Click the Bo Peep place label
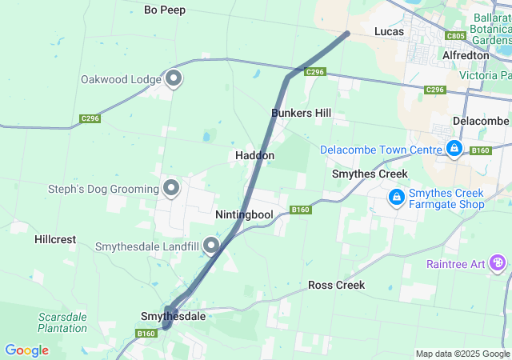pyautogui.click(x=165, y=10)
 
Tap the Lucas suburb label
pyautogui.click(x=389, y=31)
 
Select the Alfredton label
pyautogui.click(x=466, y=55)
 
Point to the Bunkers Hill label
pyautogui.click(x=301, y=113)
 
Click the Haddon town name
pyautogui.click(x=255, y=155)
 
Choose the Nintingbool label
pyautogui.click(x=244, y=215)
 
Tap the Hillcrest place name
pyautogui.click(x=55, y=239)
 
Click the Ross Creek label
pyautogui.click(x=336, y=285)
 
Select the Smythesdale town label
pyautogui.click(x=173, y=317)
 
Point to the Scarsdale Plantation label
pyautogui.click(x=62, y=322)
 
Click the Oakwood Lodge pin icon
pyautogui.click(x=174, y=78)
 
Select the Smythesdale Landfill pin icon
pyautogui.click(x=211, y=245)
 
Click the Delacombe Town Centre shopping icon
pyautogui.click(x=454, y=149)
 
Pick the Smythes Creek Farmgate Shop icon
pyautogui.click(x=396, y=196)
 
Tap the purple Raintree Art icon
pyautogui.click(x=498, y=262)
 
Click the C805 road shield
pyautogui.click(x=456, y=36)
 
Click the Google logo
pyautogui.click(x=26, y=350)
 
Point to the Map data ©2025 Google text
pyautogui.click(x=462, y=354)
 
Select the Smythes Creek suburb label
pyautogui.click(x=370, y=174)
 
